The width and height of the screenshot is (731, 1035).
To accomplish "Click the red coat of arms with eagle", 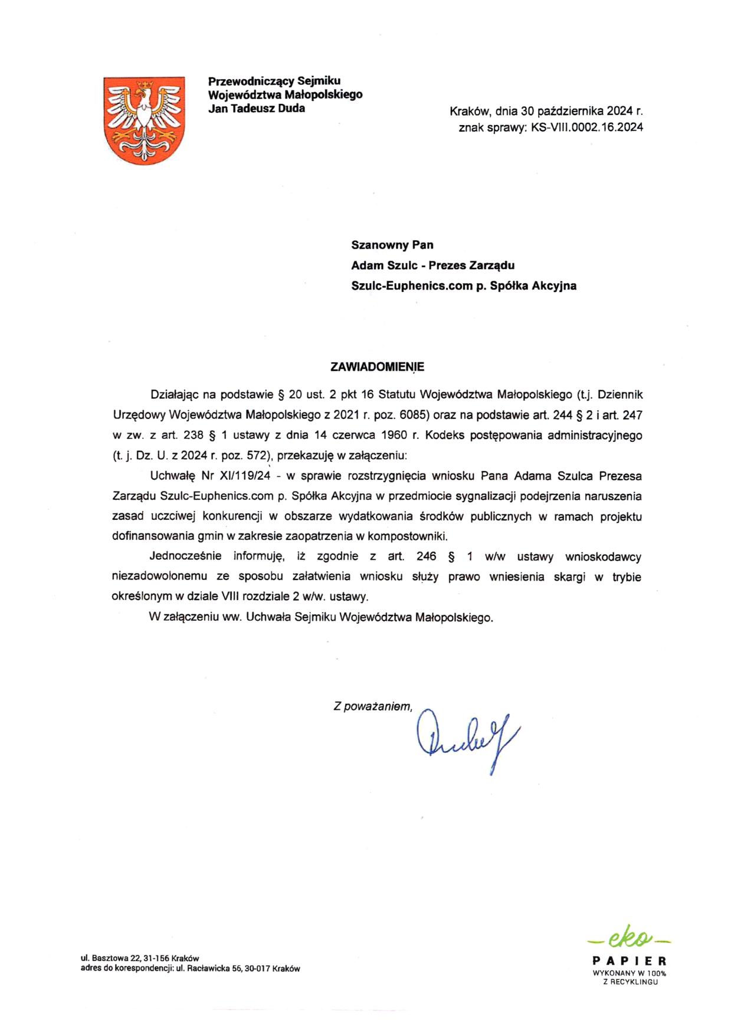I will coord(144,120).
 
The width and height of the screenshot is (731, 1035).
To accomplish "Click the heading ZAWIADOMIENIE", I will coord(377,367).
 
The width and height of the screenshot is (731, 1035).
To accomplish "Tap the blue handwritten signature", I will coord(466,738).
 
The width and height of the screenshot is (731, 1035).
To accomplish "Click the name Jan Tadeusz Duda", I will coord(257,109).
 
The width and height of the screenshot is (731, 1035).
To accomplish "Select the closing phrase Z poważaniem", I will coord(372,706).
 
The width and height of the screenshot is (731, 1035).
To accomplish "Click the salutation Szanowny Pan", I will coord(392,245).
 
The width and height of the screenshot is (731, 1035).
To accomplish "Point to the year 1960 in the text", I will coord(395,435).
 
